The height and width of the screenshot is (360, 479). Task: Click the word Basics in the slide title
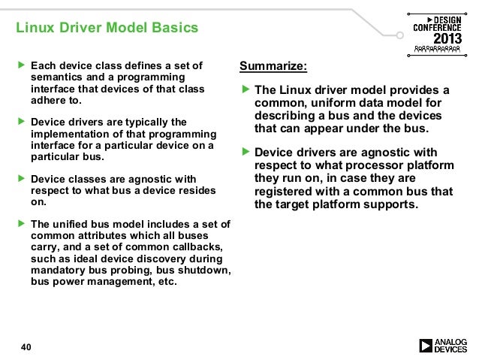coord(173,29)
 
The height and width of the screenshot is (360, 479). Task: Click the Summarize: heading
coord(273,66)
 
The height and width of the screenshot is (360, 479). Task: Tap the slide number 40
coord(26,346)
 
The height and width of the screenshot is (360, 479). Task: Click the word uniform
coord(336,103)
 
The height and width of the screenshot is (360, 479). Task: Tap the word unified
coord(73,224)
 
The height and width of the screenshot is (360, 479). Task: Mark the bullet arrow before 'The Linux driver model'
coord(245,90)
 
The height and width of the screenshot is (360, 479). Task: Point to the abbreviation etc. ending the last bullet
coord(165,282)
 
